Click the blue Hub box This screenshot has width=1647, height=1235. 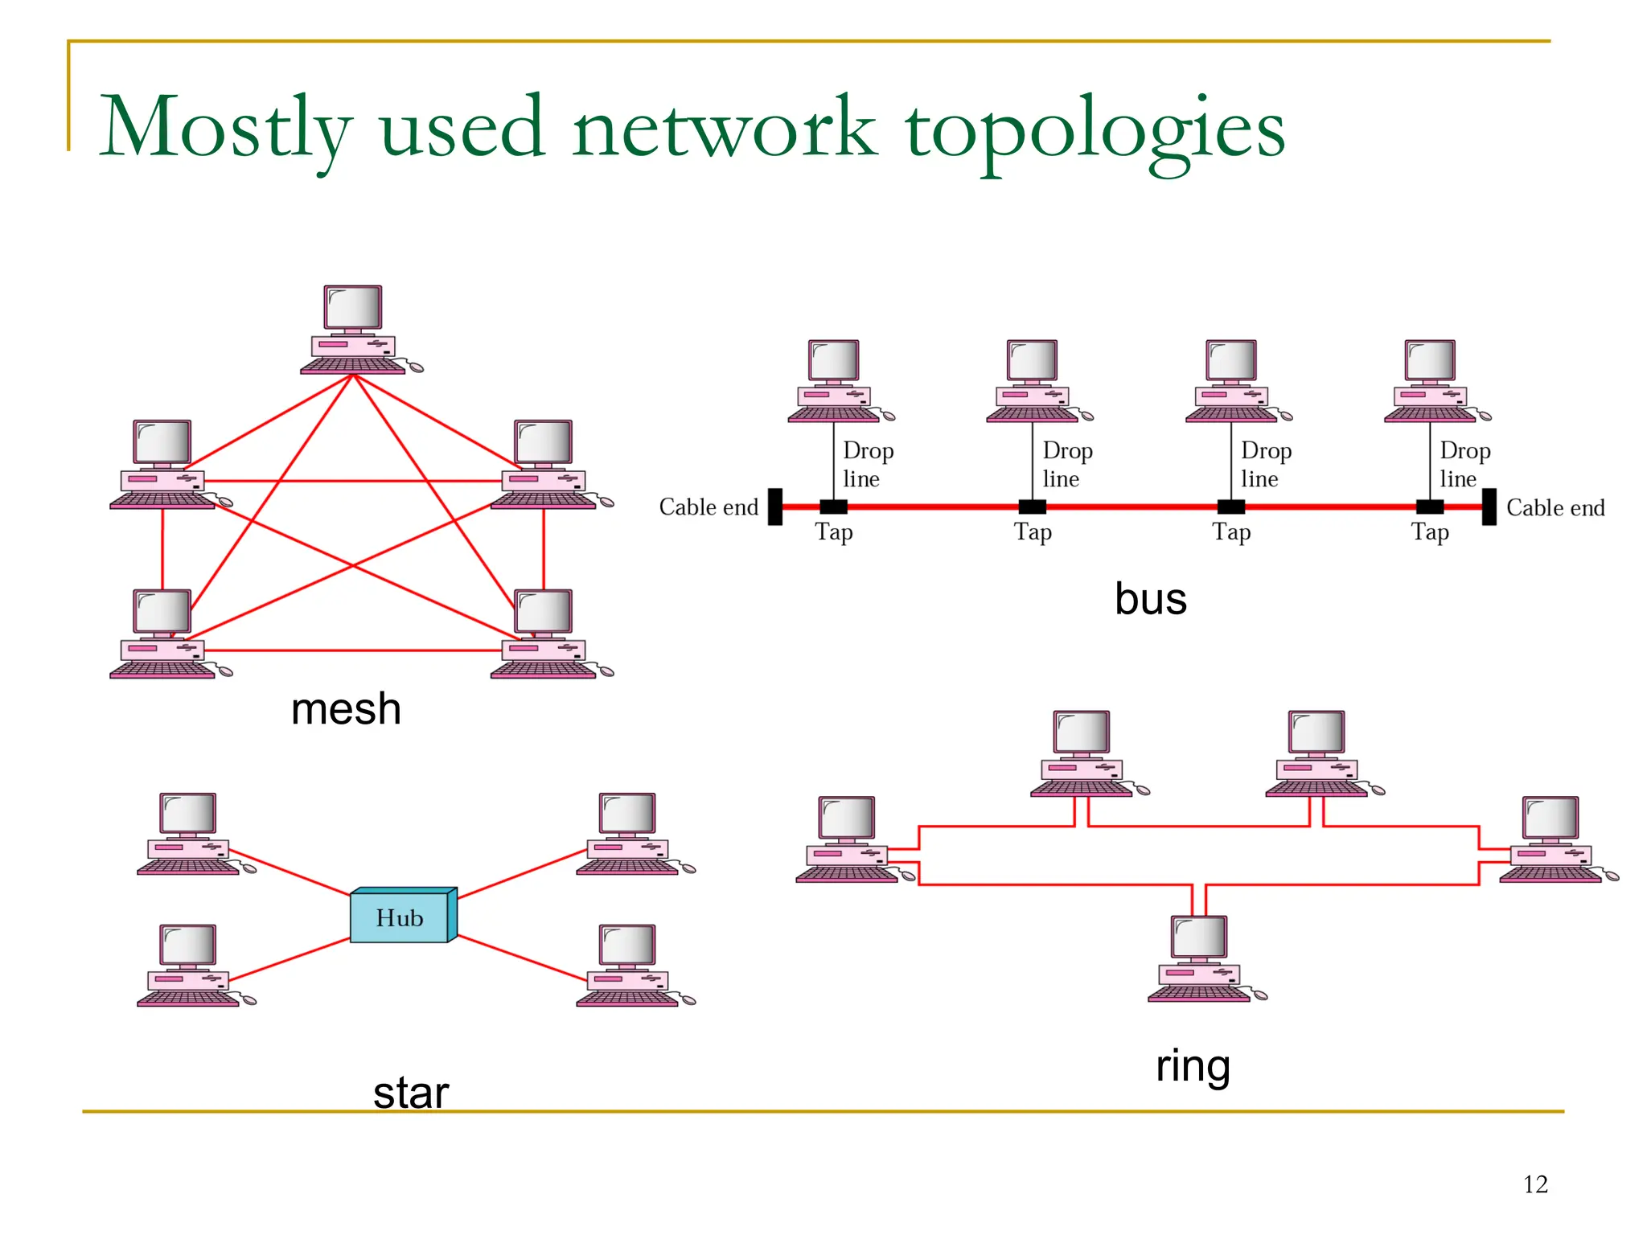point(400,917)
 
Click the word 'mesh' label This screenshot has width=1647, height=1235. point(346,709)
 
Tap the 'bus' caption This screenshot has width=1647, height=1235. point(1150,599)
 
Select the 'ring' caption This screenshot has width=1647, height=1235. point(1193,1067)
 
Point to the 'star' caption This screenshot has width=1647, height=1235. point(410,1093)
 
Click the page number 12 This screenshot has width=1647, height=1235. point(1534,1184)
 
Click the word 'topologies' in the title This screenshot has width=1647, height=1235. point(1095,129)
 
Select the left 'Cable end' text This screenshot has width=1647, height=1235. point(708,507)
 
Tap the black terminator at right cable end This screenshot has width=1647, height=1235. point(1489,507)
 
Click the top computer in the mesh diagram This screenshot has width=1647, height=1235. point(354,330)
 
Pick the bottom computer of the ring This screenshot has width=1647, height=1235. point(1200,958)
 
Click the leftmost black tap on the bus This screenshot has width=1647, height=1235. point(833,507)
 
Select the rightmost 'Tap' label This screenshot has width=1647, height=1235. point(1430,532)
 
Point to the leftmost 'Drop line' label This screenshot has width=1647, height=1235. point(867,465)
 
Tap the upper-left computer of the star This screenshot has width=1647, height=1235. point(189,834)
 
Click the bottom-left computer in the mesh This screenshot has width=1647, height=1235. point(163,634)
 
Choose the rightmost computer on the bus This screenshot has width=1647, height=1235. point(1431,381)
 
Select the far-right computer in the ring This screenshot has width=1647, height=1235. point(1551,839)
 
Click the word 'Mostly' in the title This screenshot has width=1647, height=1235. point(225,129)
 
